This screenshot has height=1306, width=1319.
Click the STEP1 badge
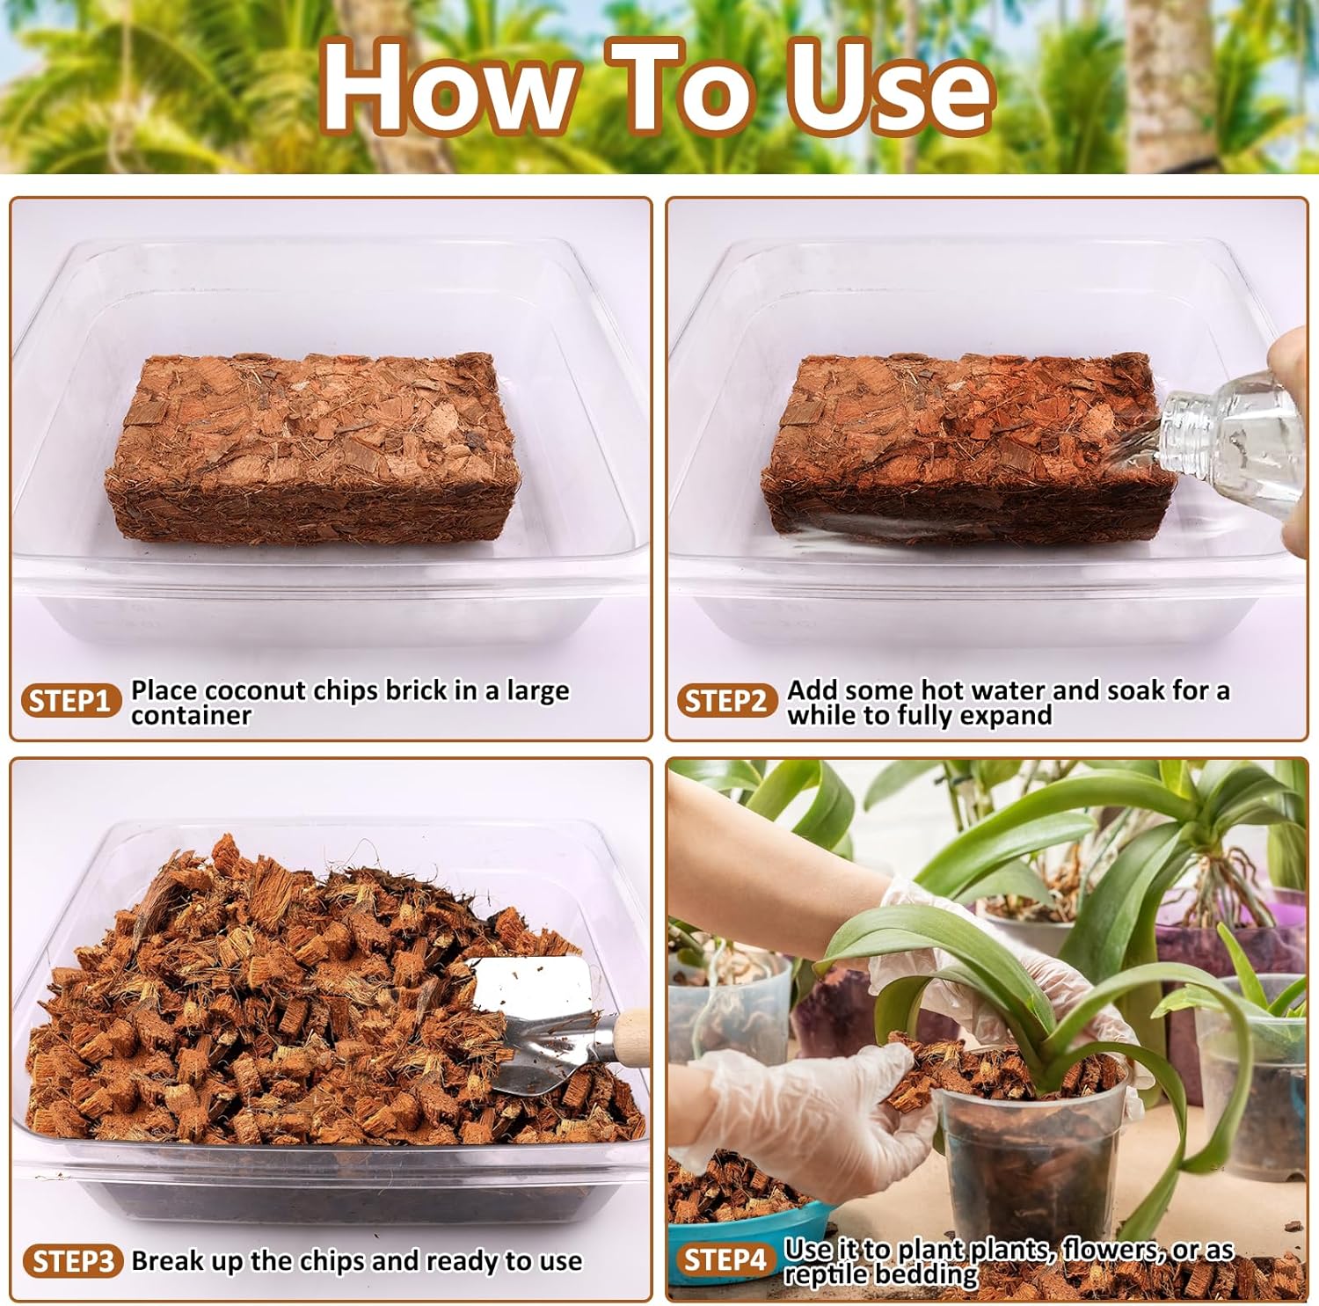tap(70, 701)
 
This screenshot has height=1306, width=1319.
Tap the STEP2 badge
tap(726, 701)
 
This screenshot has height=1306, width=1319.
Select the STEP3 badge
tap(73, 1261)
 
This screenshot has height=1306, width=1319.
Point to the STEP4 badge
tap(725, 1259)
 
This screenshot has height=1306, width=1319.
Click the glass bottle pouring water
tap(1231, 440)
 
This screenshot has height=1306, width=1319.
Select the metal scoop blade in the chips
tap(536, 1020)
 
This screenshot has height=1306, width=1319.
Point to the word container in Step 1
tap(191, 716)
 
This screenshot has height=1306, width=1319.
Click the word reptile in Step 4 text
tap(823, 1274)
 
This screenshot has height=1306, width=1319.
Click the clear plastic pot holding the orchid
tap(1029, 1152)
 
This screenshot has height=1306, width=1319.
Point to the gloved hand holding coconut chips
tap(809, 1108)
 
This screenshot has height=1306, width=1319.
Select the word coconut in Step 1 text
tap(256, 690)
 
